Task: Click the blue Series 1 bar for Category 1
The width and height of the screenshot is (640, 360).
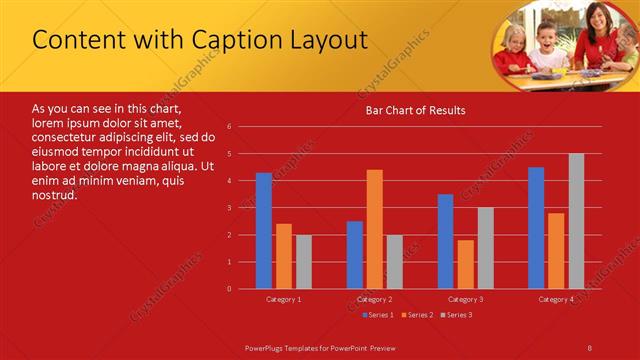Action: coord(264,231)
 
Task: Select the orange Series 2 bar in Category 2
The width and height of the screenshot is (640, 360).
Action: coord(374,229)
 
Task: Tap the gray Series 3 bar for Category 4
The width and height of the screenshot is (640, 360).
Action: coord(576,221)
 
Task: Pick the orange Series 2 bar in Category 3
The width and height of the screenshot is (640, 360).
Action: coord(465,264)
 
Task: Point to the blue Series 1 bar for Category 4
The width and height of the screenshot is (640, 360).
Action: coord(536,228)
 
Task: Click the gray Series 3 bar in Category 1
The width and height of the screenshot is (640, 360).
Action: coord(303,262)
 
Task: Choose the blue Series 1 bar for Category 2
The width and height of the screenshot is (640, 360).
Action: coord(355,255)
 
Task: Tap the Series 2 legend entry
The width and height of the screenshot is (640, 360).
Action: coord(418,315)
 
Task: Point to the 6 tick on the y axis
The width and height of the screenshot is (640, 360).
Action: coord(229,127)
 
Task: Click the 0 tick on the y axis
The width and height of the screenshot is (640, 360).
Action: coord(229,289)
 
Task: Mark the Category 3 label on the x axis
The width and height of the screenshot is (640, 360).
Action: coord(465,299)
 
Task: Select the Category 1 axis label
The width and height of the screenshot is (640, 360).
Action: coord(283,299)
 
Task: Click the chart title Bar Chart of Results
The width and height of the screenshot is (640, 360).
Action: coord(414,110)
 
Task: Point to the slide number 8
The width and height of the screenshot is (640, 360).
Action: coord(590,347)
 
